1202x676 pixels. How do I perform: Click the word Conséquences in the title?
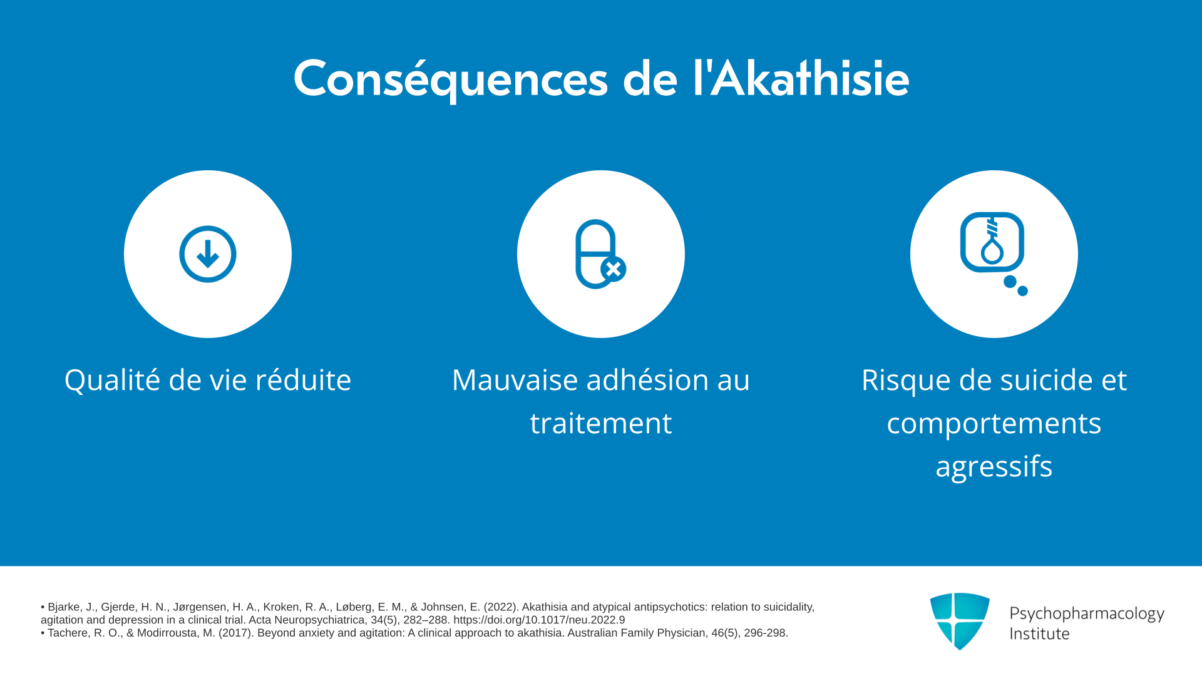point(451,79)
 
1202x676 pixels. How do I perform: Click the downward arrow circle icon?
point(208,254)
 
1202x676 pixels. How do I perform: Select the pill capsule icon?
point(600,254)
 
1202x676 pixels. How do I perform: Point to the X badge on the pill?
point(614,269)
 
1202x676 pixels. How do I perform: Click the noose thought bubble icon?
point(994,253)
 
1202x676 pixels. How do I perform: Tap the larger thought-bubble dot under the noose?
point(1010,282)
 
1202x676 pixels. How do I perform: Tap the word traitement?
point(601,423)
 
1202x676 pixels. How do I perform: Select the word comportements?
point(994,424)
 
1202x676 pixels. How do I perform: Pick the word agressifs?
point(994,467)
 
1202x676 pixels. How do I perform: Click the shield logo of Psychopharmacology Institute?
point(960,621)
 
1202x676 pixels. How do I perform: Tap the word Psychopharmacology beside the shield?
point(1087,614)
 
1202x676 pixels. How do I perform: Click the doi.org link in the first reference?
point(539,620)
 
